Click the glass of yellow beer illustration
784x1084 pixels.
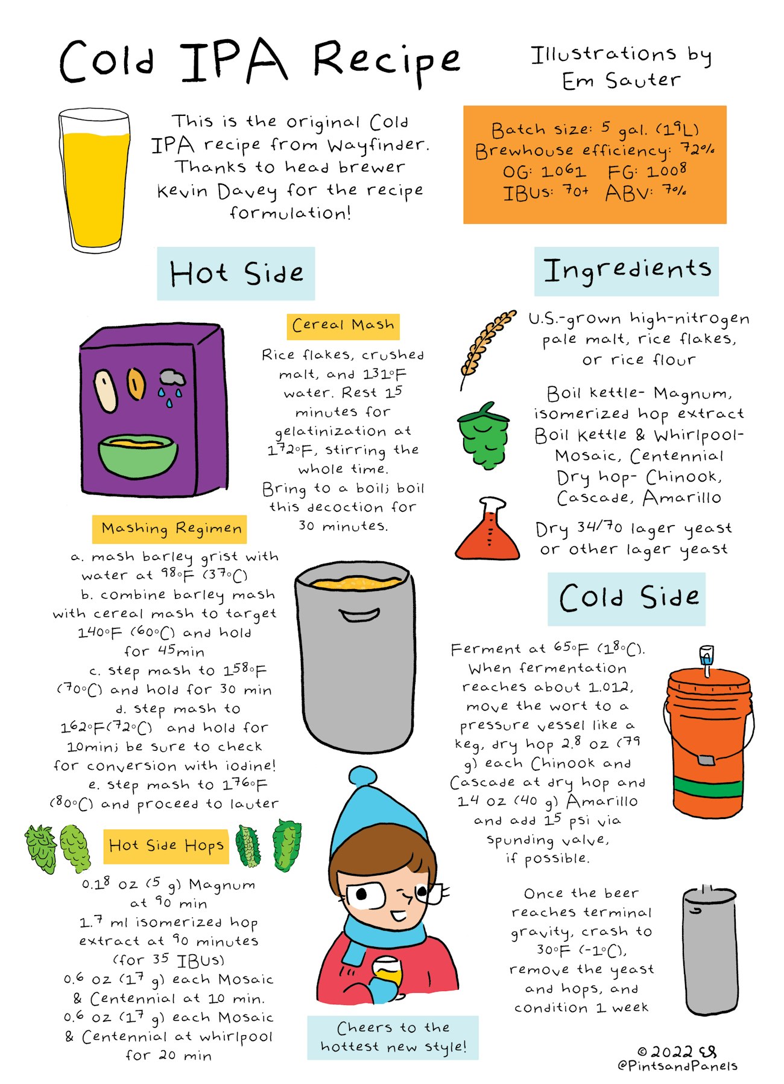[x=95, y=181]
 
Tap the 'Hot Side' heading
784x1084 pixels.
[x=236, y=273]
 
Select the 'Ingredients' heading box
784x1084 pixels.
[x=626, y=271]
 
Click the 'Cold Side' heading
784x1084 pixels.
[x=626, y=598]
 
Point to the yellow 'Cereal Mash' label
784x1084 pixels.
[x=343, y=326]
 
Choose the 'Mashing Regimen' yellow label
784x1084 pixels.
[x=169, y=529]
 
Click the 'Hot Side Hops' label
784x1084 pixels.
[x=166, y=846]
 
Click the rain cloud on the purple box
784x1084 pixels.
[x=172, y=380]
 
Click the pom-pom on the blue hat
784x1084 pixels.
[x=362, y=777]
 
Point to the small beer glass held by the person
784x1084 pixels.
[x=386, y=970]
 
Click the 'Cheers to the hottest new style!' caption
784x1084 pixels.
[x=393, y=1037]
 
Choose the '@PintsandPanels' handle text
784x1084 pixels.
[x=677, y=1066]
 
